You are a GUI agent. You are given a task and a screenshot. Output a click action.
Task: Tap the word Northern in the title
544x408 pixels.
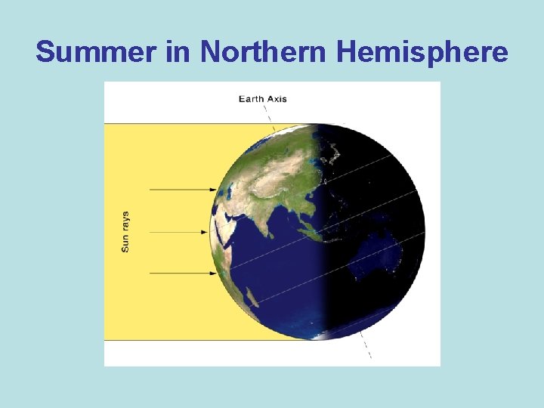(x=264, y=52)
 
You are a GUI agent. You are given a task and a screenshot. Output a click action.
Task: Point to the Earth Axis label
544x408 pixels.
(x=262, y=98)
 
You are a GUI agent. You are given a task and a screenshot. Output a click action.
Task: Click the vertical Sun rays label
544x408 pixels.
(x=125, y=231)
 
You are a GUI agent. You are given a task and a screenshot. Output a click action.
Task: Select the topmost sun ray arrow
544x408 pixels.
(x=181, y=190)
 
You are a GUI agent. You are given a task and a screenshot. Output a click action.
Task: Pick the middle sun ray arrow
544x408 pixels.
(x=181, y=231)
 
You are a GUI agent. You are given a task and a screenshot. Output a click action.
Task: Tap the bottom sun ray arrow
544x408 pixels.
(x=181, y=273)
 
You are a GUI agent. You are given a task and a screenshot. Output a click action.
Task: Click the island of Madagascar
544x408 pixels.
(x=253, y=295)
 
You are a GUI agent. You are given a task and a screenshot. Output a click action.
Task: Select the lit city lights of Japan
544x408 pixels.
(x=331, y=155)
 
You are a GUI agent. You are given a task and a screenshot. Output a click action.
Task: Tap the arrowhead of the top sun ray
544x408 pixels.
(x=214, y=190)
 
